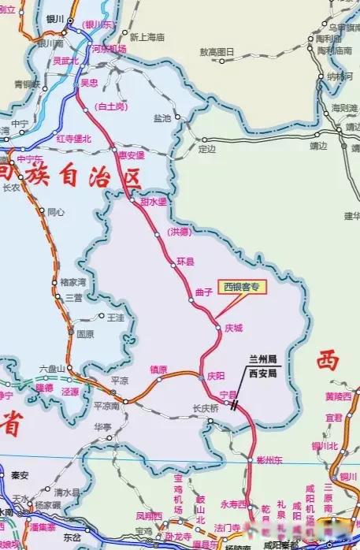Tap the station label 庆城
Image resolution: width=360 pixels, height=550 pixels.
(x=234, y=327)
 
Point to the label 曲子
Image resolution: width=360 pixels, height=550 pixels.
(x=204, y=292)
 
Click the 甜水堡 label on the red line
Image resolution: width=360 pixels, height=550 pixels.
(x=154, y=203)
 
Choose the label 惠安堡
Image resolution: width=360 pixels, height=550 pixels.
(x=131, y=155)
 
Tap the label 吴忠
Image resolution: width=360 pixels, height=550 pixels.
(x=89, y=82)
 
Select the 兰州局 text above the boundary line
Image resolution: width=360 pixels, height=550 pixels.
(x=262, y=358)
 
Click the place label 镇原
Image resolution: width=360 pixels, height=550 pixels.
(x=158, y=370)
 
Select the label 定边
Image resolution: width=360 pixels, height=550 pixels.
(x=206, y=148)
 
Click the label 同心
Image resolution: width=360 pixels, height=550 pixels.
(x=56, y=211)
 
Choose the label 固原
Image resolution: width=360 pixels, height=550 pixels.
(x=85, y=333)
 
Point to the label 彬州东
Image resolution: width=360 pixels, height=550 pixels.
(x=270, y=459)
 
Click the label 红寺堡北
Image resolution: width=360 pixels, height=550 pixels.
(x=74, y=139)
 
